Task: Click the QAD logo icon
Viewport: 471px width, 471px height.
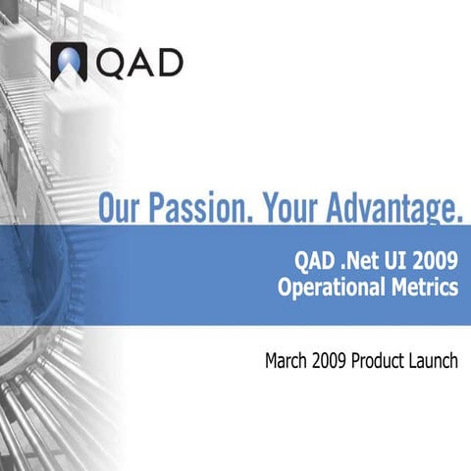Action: click(x=69, y=62)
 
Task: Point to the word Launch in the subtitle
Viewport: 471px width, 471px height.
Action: click(x=437, y=361)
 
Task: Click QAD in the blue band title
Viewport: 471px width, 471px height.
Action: click(x=315, y=262)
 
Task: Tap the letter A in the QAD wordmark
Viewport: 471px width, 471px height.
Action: click(x=138, y=62)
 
